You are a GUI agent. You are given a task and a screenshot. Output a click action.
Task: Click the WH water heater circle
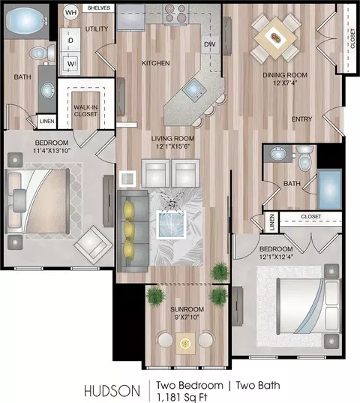click(70, 12)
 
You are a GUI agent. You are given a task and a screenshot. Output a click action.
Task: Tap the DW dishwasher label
click(210, 44)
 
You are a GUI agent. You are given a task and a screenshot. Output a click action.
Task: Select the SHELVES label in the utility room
click(99, 8)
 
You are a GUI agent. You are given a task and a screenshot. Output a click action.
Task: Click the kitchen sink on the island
click(194, 90)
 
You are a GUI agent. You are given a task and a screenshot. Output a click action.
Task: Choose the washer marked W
click(70, 63)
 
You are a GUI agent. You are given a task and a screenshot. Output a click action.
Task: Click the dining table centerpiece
click(276, 38)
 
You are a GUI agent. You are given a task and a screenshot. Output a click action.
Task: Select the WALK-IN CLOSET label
click(85, 110)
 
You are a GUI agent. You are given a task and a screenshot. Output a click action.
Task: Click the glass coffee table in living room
click(172, 225)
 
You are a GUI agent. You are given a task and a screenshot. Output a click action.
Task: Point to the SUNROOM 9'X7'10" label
click(187, 313)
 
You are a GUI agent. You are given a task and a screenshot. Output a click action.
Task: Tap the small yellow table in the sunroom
click(185, 343)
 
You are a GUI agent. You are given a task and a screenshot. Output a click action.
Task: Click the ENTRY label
click(301, 119)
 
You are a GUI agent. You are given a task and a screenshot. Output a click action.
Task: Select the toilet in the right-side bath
click(305, 158)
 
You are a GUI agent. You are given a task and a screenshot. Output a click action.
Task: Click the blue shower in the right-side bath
click(329, 190)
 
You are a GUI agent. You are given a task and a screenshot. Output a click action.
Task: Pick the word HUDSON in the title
click(112, 391)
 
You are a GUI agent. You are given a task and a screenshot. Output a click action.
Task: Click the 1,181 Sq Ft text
click(182, 397)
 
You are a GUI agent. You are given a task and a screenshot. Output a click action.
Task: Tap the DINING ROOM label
click(285, 75)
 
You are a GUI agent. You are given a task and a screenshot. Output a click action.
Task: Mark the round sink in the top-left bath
click(48, 89)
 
